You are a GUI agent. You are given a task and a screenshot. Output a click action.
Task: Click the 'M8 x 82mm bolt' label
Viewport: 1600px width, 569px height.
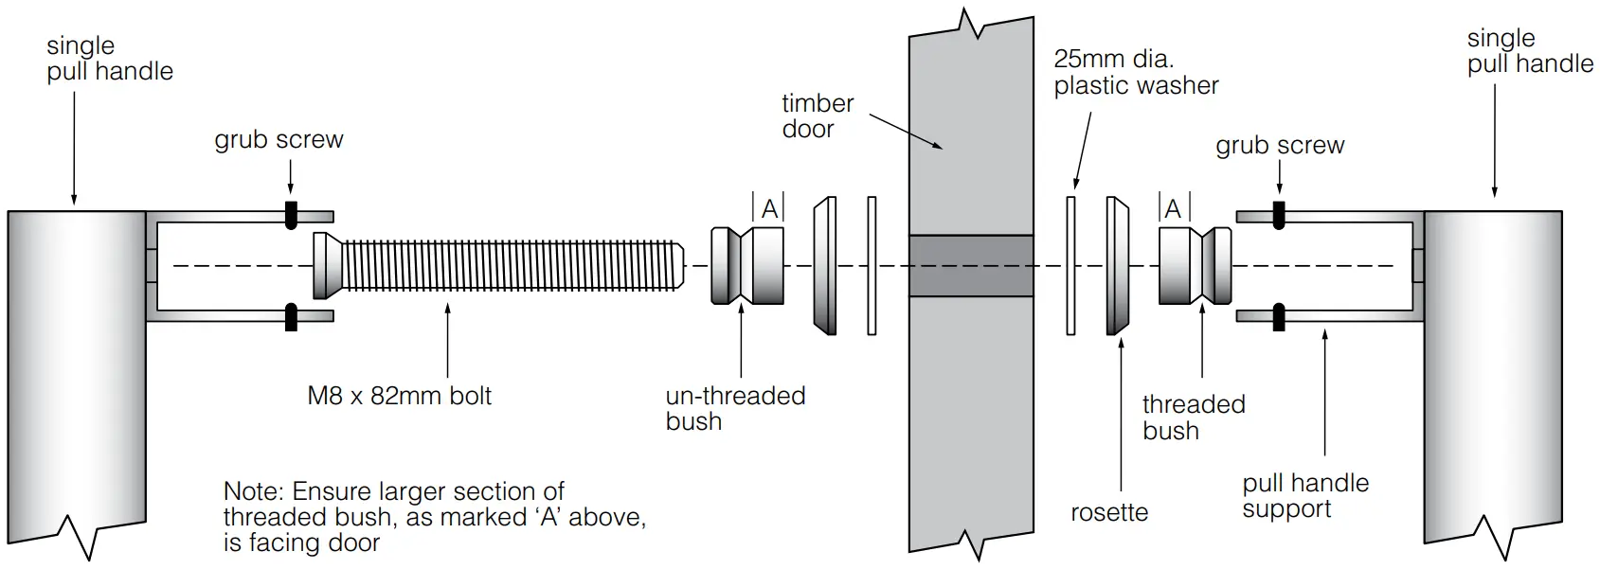[x=399, y=396]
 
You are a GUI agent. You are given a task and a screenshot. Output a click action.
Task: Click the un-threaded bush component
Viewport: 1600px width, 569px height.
[x=747, y=266]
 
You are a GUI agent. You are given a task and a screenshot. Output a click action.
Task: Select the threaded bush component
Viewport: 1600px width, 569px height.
[x=1195, y=266]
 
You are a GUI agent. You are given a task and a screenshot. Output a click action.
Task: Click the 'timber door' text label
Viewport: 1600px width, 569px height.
[x=817, y=116]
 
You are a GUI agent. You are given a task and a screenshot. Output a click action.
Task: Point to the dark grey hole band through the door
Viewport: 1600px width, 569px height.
[x=970, y=266]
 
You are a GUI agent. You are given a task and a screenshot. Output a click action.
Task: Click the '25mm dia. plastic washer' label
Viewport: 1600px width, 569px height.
[x=1135, y=72]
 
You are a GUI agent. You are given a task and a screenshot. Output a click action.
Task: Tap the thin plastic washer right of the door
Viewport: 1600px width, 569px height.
[x=1071, y=266]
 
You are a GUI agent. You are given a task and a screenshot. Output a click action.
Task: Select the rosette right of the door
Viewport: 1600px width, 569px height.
[x=1116, y=266]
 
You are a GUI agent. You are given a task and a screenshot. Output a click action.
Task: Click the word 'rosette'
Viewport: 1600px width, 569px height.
[x=1108, y=512]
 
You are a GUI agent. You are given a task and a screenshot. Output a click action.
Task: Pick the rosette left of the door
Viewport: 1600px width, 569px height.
[x=824, y=266]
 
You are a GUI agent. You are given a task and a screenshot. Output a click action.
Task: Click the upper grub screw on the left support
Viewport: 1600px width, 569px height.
[x=291, y=215]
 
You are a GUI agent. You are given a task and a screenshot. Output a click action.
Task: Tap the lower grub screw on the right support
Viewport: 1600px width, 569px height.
[x=1279, y=316]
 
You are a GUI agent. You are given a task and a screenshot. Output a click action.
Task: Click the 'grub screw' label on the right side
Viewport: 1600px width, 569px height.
[x=1279, y=146]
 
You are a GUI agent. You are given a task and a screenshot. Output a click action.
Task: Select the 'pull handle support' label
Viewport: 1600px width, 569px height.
[x=1304, y=496]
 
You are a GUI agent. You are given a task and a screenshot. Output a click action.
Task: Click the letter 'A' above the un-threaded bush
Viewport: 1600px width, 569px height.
[x=769, y=209]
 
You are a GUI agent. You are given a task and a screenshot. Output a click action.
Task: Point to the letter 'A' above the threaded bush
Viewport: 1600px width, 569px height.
[x=1173, y=209]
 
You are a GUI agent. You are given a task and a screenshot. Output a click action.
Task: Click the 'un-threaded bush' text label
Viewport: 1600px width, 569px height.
[x=734, y=408]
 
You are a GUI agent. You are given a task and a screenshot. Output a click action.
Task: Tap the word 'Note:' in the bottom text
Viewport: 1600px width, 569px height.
[x=254, y=492]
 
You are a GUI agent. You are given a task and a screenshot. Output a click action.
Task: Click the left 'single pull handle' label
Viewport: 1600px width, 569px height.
[x=109, y=58]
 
